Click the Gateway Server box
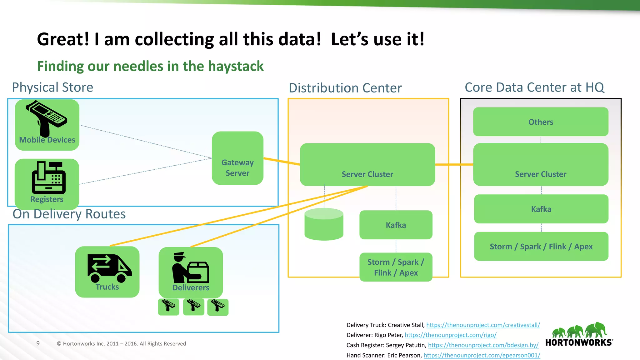[x=237, y=158]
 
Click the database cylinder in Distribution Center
[x=324, y=224]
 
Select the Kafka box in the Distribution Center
[x=396, y=225]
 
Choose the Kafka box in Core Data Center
[x=541, y=209]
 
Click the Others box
[x=541, y=122]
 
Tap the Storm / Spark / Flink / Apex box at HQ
[x=541, y=247]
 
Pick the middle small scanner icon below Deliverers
[x=193, y=306]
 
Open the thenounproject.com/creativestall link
[x=483, y=325]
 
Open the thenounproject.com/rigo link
[x=450, y=335]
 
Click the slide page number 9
[x=38, y=343]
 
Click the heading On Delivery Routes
[x=69, y=214]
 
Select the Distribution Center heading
[x=345, y=88]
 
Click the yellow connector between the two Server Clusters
[x=454, y=164]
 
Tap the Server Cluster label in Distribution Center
[x=367, y=174]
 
